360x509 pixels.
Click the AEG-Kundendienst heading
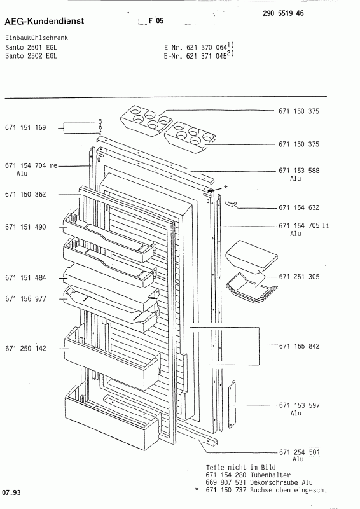click(x=44, y=21)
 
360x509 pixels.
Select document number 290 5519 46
click(x=283, y=13)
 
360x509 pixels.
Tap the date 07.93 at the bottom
click(x=11, y=492)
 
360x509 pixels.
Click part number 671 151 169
click(x=25, y=127)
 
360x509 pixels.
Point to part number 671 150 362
click(x=25, y=195)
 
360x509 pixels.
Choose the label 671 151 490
click(x=25, y=227)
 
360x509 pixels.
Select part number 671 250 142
click(x=25, y=349)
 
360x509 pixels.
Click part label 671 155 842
click(x=300, y=346)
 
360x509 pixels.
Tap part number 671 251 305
click(x=300, y=277)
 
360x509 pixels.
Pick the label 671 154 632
click(x=299, y=207)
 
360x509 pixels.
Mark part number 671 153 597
click(x=300, y=405)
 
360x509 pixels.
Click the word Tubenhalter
click(x=270, y=475)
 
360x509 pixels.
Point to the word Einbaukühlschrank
click(x=37, y=38)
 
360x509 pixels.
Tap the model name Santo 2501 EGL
click(x=31, y=47)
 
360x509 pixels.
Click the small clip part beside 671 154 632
click(x=231, y=204)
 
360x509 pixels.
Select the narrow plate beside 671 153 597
click(x=232, y=404)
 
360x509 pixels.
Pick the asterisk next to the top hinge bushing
click(x=226, y=187)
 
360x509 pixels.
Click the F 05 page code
click(x=156, y=21)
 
